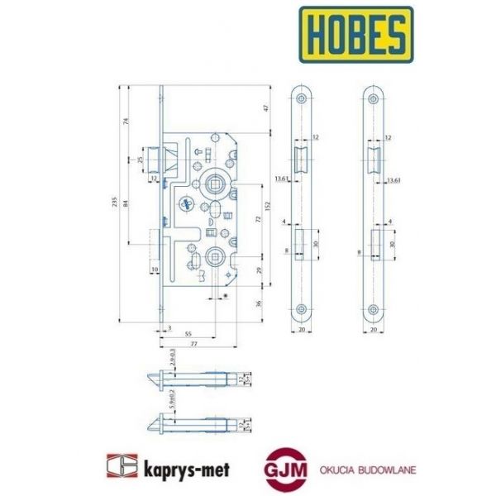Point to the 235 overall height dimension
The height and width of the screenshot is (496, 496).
tap(116, 203)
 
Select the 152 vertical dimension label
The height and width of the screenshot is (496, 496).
tap(266, 205)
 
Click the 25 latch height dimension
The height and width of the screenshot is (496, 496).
tap(141, 159)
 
